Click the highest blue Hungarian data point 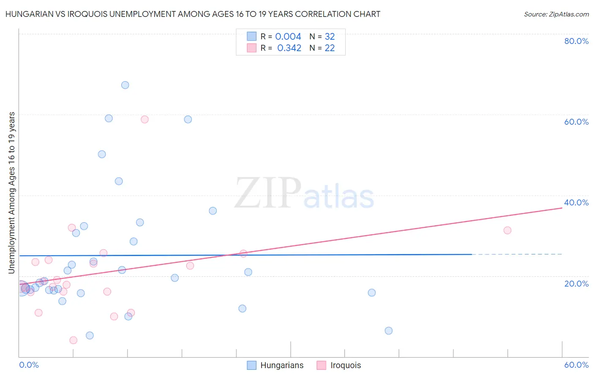125,85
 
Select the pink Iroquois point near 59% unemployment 144,119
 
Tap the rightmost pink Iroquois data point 507,230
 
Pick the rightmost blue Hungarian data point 389,331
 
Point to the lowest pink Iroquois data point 73,340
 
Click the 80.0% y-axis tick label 576,41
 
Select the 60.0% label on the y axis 576,122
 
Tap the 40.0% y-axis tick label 576,202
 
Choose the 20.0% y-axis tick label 576,284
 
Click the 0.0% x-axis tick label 29,365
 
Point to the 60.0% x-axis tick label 576,365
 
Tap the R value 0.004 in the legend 288,37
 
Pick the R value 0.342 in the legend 289,48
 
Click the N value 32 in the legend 330,37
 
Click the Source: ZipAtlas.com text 556,14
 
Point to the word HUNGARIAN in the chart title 29,14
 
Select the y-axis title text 11,192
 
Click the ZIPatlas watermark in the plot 304,194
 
